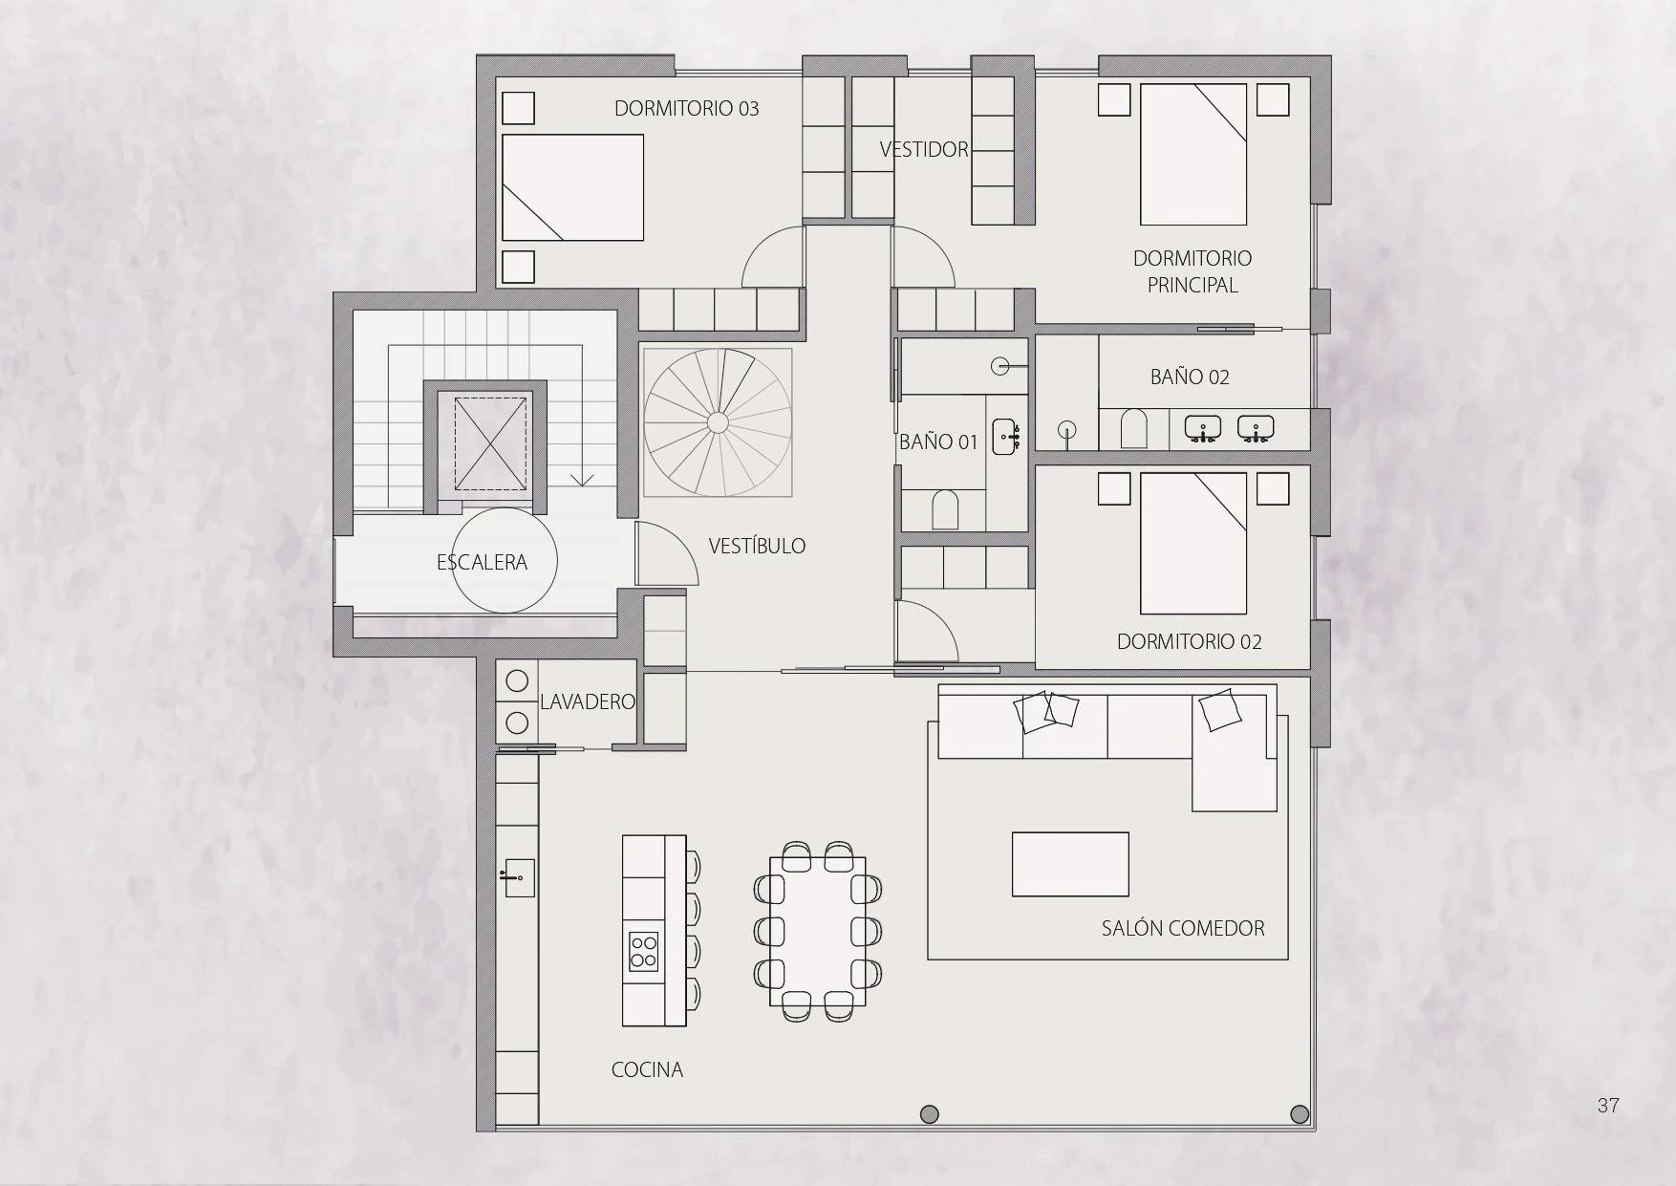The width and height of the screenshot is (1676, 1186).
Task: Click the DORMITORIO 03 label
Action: click(x=686, y=109)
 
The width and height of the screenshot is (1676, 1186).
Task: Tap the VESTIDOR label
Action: click(x=924, y=150)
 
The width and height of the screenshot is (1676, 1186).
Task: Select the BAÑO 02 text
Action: click(x=1190, y=377)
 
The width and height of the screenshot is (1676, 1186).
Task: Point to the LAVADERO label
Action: click(x=587, y=701)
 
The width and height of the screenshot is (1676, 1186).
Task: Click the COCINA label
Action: click(x=647, y=1069)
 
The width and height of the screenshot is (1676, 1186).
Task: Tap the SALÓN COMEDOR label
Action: click(x=1183, y=928)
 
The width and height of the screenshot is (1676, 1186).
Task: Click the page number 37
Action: click(x=1608, y=1106)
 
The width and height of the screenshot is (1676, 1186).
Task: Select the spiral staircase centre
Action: click(x=717, y=422)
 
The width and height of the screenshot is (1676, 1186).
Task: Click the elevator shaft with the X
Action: click(x=490, y=443)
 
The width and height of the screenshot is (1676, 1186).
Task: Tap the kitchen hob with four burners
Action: click(x=643, y=951)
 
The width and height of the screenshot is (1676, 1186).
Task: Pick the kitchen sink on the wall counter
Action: click(x=519, y=877)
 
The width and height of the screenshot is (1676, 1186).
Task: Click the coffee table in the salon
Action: click(x=1070, y=864)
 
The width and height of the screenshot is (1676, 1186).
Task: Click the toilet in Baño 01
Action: click(x=944, y=510)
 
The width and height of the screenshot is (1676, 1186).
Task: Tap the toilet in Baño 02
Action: click(x=1133, y=429)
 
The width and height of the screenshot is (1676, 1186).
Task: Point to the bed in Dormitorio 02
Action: click(x=1193, y=543)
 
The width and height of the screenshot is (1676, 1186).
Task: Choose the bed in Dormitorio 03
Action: click(x=572, y=187)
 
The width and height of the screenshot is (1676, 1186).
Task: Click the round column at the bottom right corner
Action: click(x=1300, y=1114)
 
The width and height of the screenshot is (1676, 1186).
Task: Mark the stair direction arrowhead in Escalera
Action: click(x=582, y=479)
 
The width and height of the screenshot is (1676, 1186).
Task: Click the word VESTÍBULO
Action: click(x=757, y=547)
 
